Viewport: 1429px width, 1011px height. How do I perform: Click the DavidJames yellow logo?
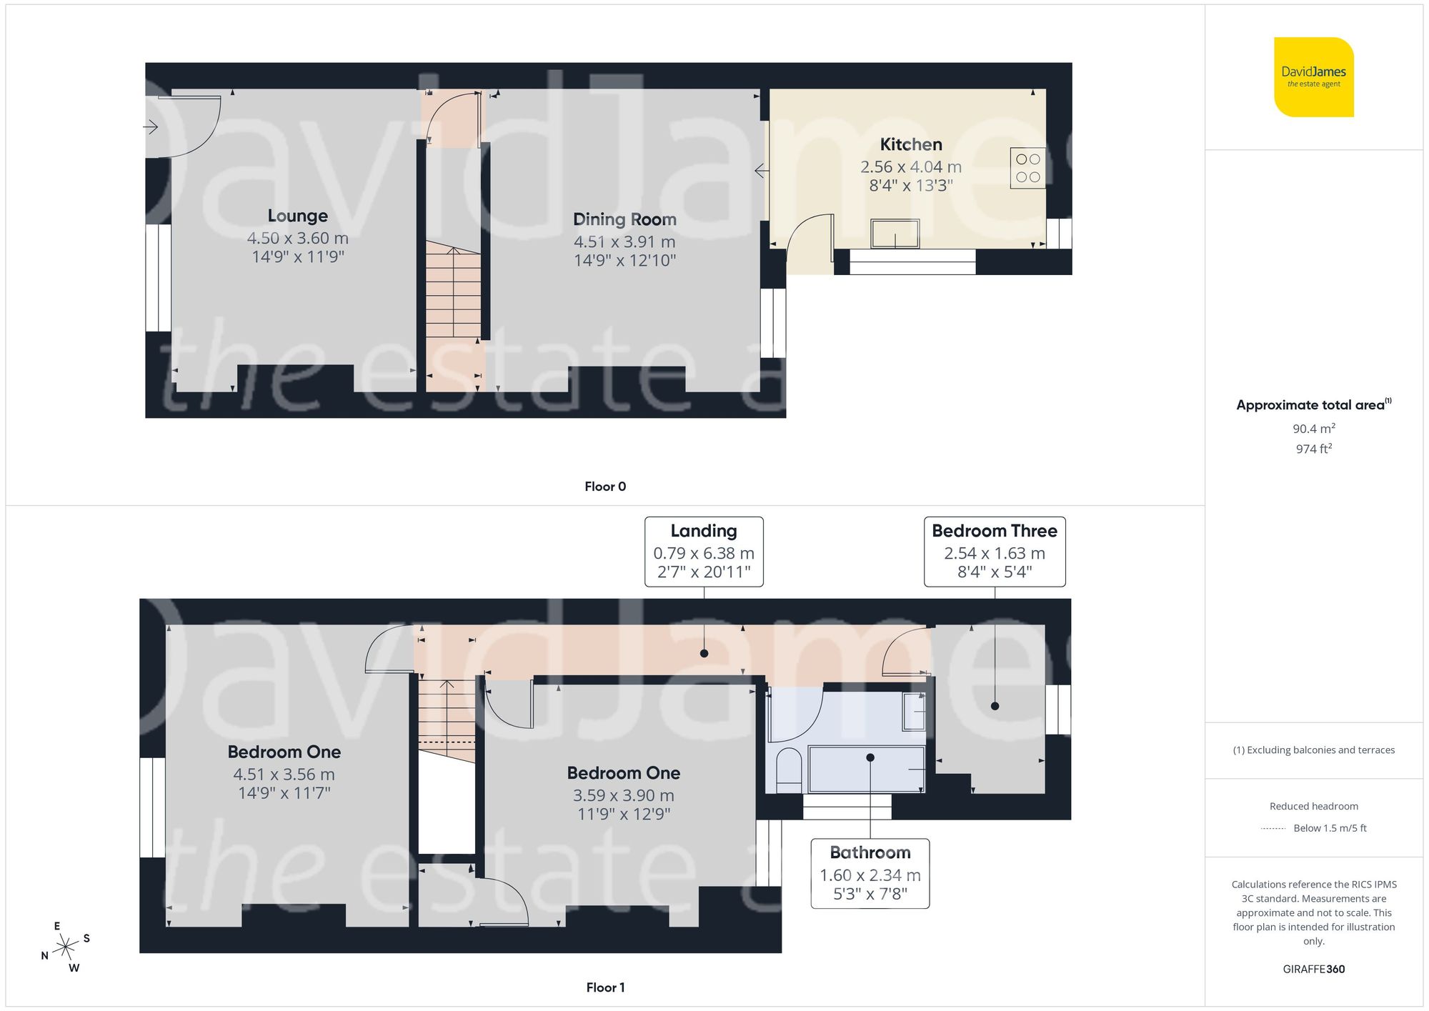(x=1313, y=77)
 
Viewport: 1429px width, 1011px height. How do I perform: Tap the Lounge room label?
(x=297, y=216)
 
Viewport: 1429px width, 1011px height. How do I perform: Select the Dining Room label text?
(x=624, y=219)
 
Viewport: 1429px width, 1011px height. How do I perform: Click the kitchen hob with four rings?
(x=1027, y=168)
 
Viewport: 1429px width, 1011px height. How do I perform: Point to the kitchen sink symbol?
(x=895, y=234)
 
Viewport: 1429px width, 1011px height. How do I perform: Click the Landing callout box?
(x=704, y=552)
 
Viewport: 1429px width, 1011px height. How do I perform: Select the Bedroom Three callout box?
(x=994, y=552)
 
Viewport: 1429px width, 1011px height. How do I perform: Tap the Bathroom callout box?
(x=870, y=873)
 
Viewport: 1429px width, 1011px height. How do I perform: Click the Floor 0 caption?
(x=605, y=487)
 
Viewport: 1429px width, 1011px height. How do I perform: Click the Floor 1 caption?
(x=605, y=987)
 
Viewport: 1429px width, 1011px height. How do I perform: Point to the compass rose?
(x=66, y=947)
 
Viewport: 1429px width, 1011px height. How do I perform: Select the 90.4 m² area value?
(x=1313, y=429)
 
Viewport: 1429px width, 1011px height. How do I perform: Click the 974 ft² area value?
(x=1313, y=449)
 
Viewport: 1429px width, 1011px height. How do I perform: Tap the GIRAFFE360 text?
(x=1313, y=969)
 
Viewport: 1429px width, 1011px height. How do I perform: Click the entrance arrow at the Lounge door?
(x=151, y=127)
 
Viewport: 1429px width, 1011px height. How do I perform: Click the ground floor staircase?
(x=453, y=293)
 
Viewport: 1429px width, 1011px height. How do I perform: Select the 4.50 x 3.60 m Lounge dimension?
(x=297, y=238)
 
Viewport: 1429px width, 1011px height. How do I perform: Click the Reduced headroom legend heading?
(x=1313, y=806)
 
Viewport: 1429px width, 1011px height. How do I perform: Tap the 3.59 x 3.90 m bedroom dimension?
(x=623, y=795)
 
